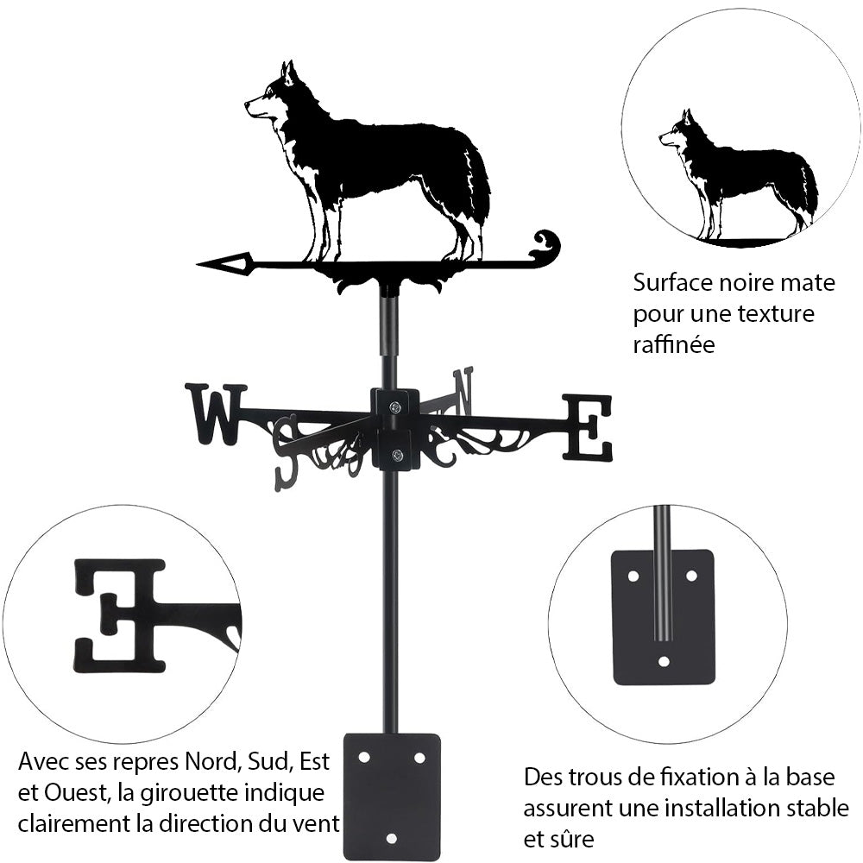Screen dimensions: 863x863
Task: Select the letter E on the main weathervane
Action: pyautogui.click(x=588, y=426)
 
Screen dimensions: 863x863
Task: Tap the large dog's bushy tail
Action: pyautogui.click(x=477, y=186)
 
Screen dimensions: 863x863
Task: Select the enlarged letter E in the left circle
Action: pyautogui.click(x=120, y=614)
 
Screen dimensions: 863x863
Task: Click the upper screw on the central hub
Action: pyautogui.click(x=394, y=407)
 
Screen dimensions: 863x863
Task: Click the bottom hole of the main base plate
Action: pyautogui.click(x=391, y=837)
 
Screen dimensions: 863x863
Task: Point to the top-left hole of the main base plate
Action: pyautogui.click(x=363, y=757)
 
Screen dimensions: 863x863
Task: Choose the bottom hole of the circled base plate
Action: pyautogui.click(x=663, y=662)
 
